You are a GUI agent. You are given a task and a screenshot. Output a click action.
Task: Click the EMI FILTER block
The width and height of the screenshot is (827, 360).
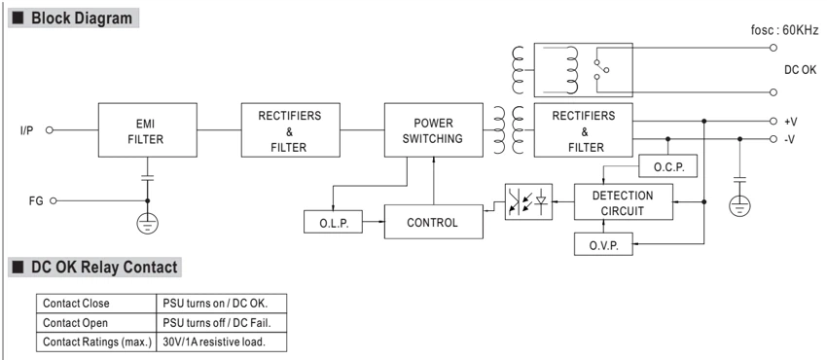point(148,129)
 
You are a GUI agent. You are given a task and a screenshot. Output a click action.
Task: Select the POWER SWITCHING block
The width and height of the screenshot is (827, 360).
point(434,129)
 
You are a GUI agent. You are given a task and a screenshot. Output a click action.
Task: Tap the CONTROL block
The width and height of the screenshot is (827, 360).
point(434,222)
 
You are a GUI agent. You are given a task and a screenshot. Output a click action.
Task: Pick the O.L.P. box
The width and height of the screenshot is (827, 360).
point(334,222)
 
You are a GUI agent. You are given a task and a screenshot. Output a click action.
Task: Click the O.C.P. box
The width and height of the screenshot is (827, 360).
point(668,166)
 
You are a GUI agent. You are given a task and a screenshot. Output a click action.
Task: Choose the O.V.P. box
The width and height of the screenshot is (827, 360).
point(603,244)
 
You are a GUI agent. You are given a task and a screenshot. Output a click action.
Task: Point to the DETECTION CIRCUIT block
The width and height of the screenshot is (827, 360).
point(624,202)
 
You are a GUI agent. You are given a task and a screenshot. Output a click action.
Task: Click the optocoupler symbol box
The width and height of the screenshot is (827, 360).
point(528,201)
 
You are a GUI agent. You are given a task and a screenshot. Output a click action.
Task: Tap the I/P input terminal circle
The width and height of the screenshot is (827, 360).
point(49,129)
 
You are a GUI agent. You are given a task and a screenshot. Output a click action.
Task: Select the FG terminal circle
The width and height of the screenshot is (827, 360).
point(53,200)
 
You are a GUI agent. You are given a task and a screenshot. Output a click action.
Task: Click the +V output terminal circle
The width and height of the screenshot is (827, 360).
point(773,122)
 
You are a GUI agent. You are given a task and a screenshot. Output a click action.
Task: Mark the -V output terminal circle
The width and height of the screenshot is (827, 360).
point(773,139)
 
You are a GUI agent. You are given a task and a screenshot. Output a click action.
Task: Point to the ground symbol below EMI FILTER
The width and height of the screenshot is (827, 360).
point(147,224)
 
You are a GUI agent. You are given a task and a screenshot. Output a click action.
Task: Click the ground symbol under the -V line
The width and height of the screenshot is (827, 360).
point(739,205)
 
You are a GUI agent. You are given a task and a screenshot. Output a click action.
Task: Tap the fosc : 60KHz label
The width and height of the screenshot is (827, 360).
point(785,29)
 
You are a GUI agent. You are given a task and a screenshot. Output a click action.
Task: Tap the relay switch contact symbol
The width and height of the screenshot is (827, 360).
point(600,70)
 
